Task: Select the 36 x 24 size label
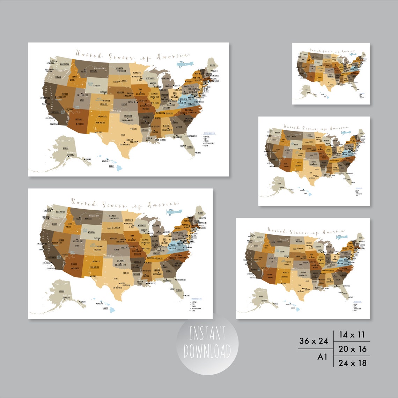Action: (314, 341)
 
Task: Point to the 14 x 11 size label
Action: (352, 335)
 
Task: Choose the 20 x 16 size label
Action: (352, 349)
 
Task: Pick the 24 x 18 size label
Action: (352, 363)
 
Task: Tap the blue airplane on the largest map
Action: (185, 64)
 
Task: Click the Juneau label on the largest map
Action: (88, 159)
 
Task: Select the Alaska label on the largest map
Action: (65, 148)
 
